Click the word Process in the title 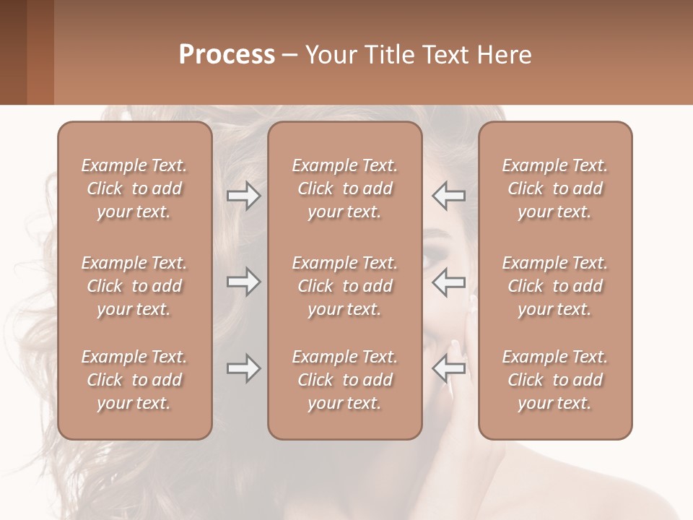click(x=227, y=55)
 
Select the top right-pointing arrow click(x=244, y=196)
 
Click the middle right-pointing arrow click(x=244, y=282)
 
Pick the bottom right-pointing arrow click(x=244, y=368)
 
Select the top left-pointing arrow click(x=448, y=196)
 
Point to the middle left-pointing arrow click(x=448, y=282)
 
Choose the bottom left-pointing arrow click(x=448, y=368)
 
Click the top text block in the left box click(x=134, y=188)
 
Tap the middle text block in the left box click(x=134, y=286)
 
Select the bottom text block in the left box click(x=134, y=380)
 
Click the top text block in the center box click(x=344, y=188)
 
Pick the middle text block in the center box click(x=344, y=286)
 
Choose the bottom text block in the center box click(x=344, y=380)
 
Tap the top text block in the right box click(x=554, y=188)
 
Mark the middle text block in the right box click(x=554, y=286)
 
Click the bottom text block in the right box click(x=554, y=380)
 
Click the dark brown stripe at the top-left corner click(x=13, y=52)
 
